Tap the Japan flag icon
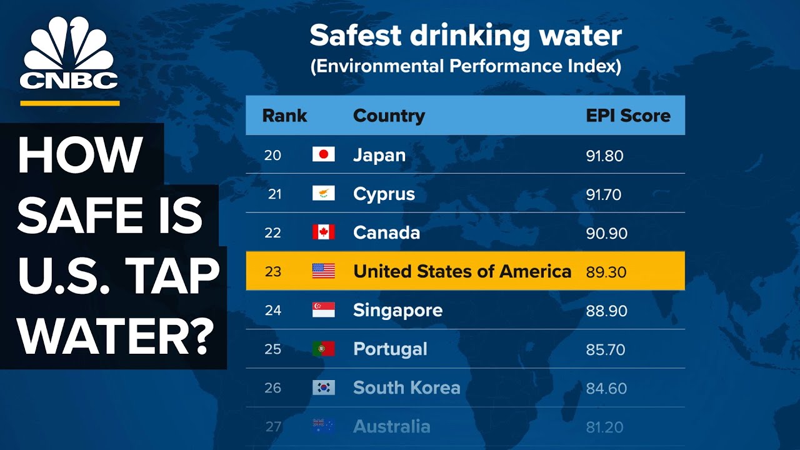pos(323,155)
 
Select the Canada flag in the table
pos(323,232)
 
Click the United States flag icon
pos(323,271)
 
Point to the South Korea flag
pos(323,387)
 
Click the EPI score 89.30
pos(606,272)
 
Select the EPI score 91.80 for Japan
pos(604,156)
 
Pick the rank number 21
pos(274,194)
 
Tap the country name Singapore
pos(397,311)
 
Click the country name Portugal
pos(390,349)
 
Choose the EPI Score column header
pos(627,116)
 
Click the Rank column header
pos(284,116)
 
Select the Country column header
pos(389,116)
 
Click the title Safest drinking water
pos(466,36)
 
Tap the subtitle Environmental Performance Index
pos(466,67)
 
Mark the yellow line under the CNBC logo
pos(69,103)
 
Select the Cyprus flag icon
pos(323,194)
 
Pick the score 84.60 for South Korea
pos(606,388)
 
